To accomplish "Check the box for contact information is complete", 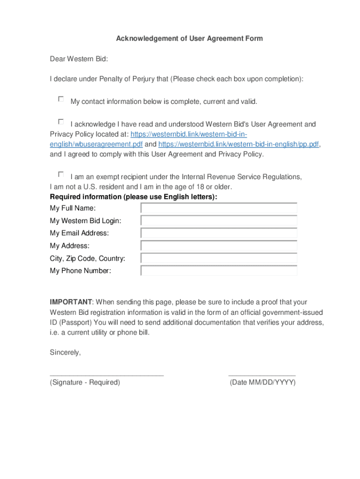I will coord(61,99).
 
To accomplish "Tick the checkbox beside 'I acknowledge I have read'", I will coord(61,122).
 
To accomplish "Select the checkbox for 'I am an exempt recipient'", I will coord(61,174).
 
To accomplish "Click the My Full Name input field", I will coord(219,208).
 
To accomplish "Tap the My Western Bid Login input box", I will coord(219,221).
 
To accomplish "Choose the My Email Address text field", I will coord(219,233).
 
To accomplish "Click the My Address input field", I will coord(219,246).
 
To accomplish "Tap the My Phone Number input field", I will coord(219,271).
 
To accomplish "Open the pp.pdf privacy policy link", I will coord(239,145).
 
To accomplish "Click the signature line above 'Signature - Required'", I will coord(107,375).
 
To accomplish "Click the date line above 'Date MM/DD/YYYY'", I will coord(262,375).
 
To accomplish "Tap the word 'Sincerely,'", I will coord(65,353).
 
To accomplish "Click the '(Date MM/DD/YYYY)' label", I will coord(262,383).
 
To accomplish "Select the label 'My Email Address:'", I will coord(79,233).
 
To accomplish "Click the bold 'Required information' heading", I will coord(133,197).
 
